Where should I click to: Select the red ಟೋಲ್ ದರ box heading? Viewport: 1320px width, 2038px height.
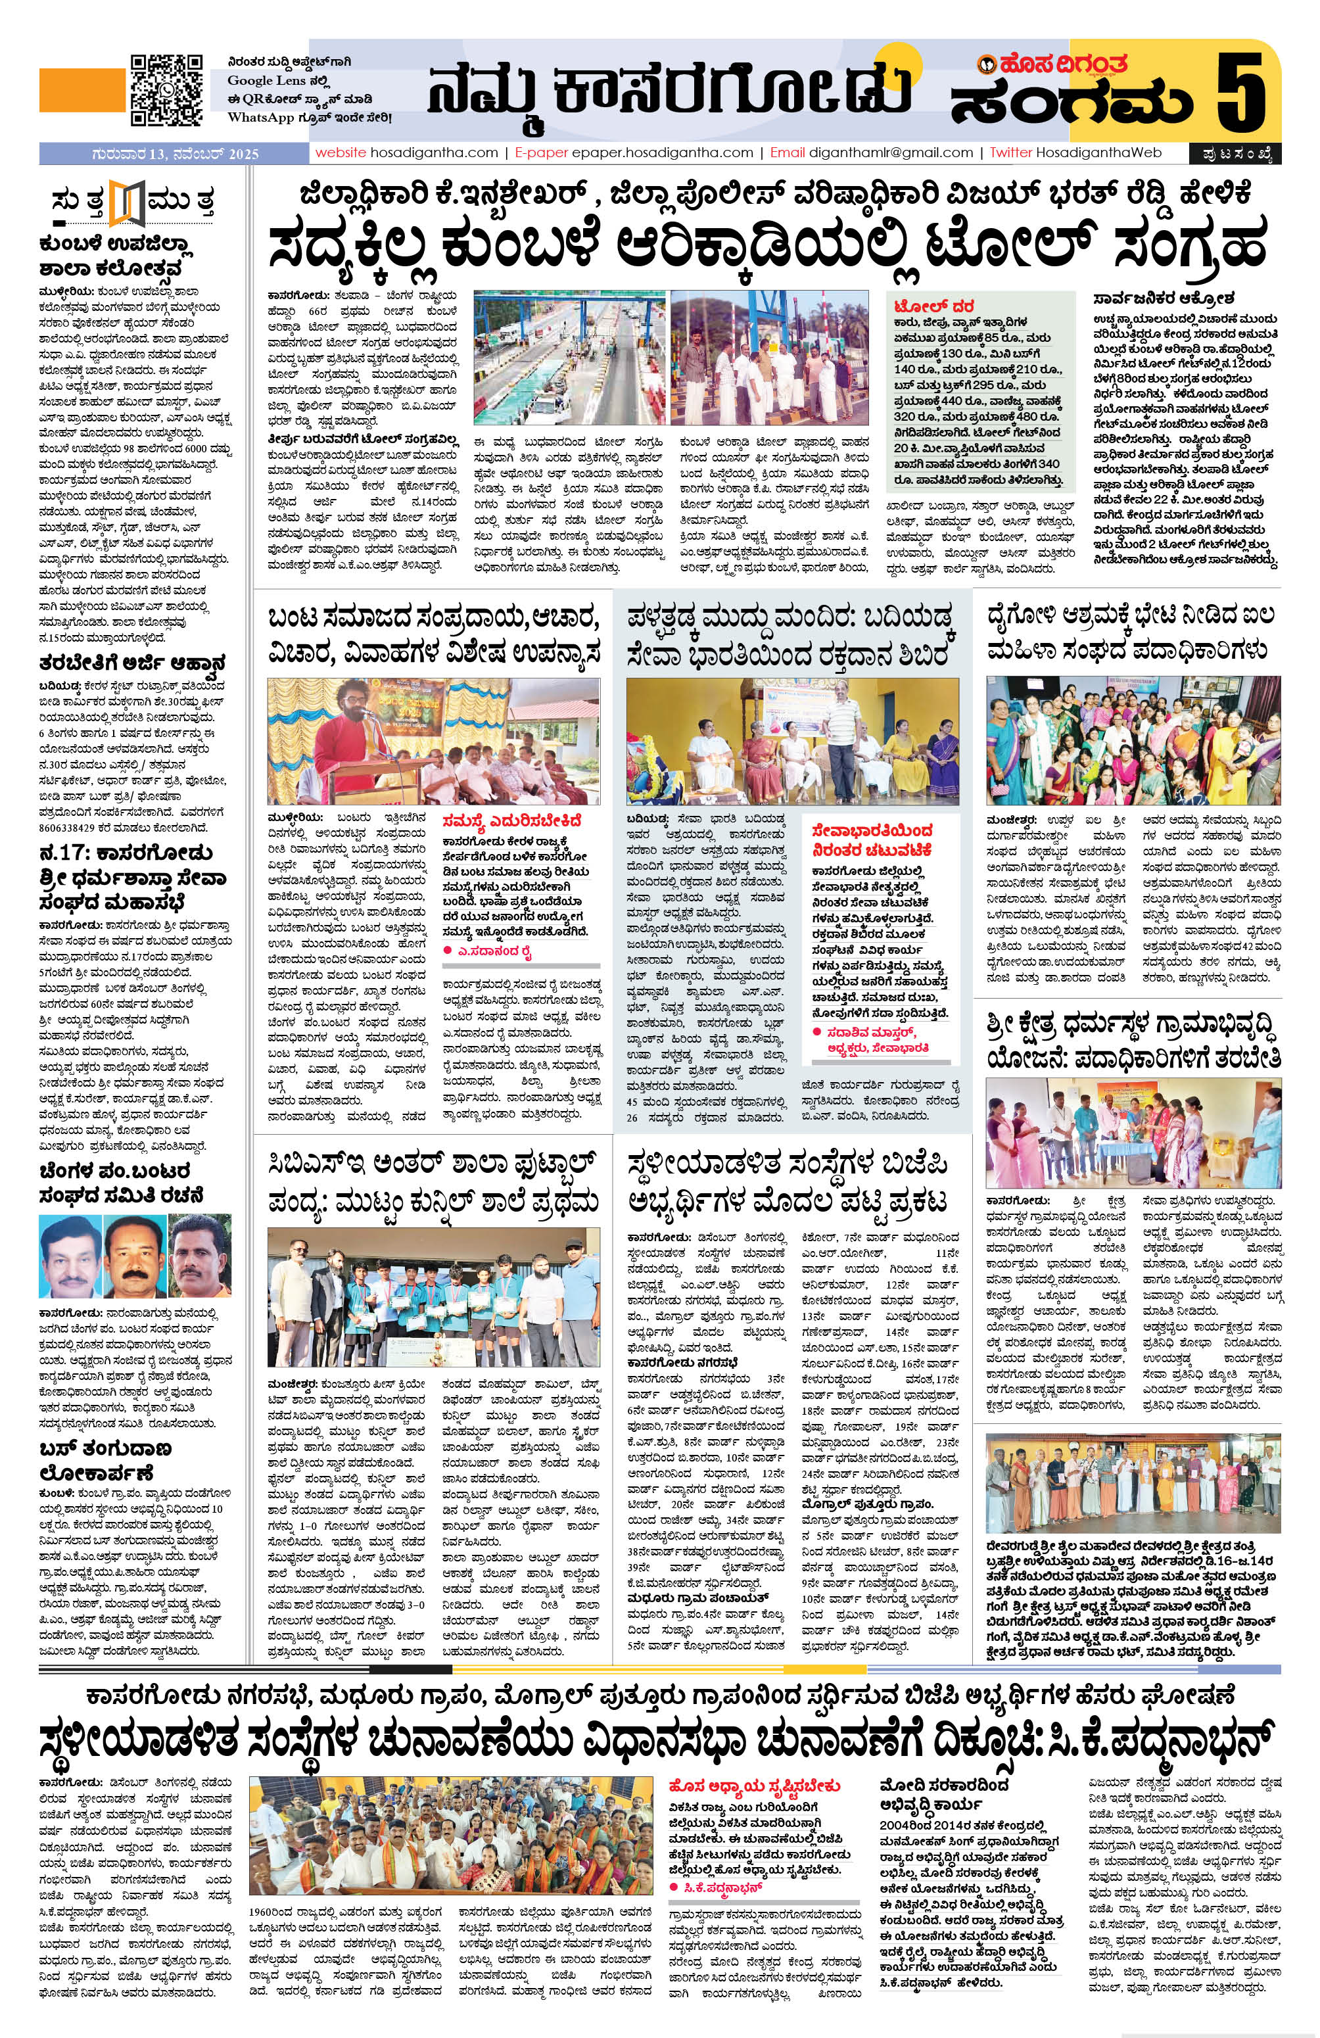coord(930,306)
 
